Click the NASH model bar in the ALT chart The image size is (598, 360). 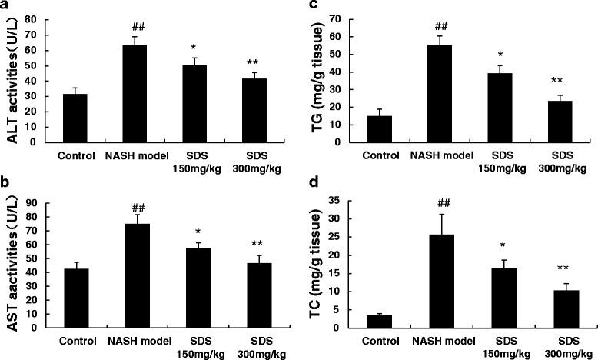click(135, 93)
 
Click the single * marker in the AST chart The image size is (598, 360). click(199, 231)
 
